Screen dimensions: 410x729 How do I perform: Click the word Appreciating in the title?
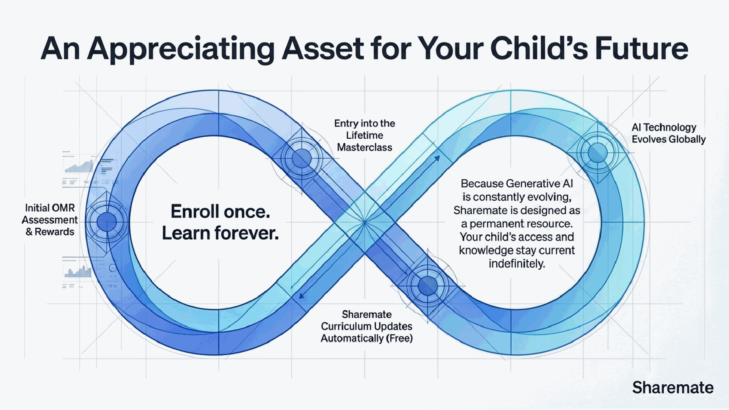pyautogui.click(x=180, y=49)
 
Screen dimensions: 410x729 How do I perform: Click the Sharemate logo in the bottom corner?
pyautogui.click(x=672, y=388)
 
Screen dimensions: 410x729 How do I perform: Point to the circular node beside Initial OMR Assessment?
pyautogui.click(x=106, y=222)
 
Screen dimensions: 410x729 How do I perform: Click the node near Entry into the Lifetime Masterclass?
pyautogui.click(x=301, y=158)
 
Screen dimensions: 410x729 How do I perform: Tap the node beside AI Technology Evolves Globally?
pyautogui.click(x=597, y=152)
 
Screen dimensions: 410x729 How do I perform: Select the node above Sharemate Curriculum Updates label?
pyautogui.click(x=428, y=286)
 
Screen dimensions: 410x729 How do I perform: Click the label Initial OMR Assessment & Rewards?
pyautogui.click(x=49, y=220)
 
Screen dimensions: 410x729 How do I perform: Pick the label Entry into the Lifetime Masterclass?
pyautogui.click(x=364, y=135)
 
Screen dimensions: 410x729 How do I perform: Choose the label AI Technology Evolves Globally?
pyautogui.click(x=668, y=133)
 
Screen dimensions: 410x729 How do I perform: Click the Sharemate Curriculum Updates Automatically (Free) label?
pyautogui.click(x=366, y=327)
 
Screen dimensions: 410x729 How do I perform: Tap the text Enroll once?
pyautogui.click(x=220, y=212)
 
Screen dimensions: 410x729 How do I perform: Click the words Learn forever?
pyautogui.click(x=220, y=233)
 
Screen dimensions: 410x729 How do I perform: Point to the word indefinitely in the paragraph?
pyautogui.click(x=517, y=264)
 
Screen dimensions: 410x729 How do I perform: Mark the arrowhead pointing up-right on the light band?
pyautogui.click(x=437, y=158)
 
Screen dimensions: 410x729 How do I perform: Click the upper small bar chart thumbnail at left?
pyautogui.click(x=79, y=167)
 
